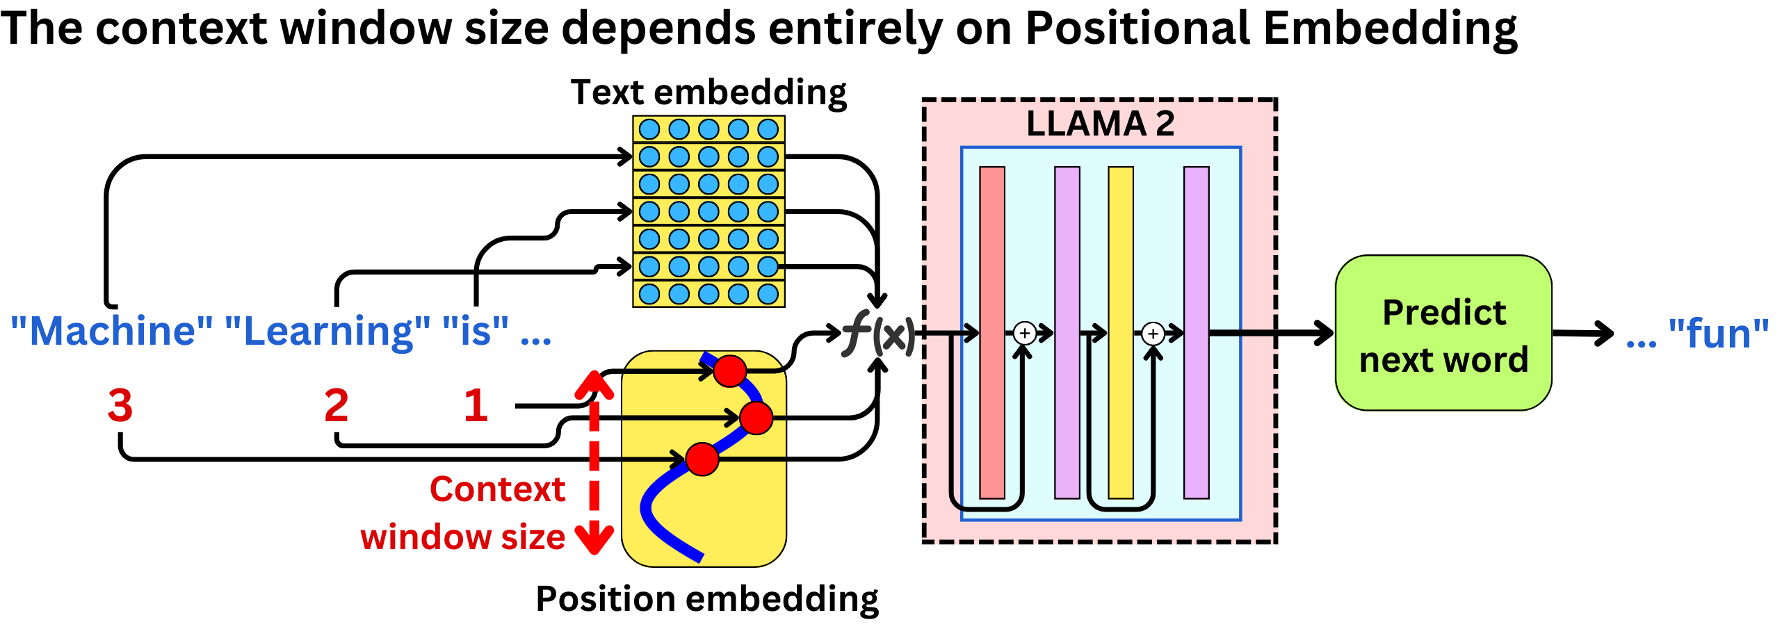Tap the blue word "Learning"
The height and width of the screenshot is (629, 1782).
click(x=327, y=331)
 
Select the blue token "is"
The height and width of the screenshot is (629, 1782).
click(x=476, y=331)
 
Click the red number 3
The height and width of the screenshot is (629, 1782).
click(x=120, y=405)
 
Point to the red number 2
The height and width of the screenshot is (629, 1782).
click(x=336, y=405)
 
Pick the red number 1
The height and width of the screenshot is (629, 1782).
click(x=476, y=405)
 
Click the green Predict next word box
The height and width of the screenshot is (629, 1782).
click(x=1443, y=334)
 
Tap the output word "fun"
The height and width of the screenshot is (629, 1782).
click(x=1719, y=334)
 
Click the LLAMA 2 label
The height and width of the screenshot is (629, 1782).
click(x=1100, y=124)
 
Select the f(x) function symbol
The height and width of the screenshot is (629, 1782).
click(x=878, y=334)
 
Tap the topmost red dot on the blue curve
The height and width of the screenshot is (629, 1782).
click(x=729, y=370)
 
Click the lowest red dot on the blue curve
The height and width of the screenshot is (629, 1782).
click(x=702, y=459)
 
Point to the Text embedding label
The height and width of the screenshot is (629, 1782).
click(x=708, y=92)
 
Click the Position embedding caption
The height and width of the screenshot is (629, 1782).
click(x=707, y=598)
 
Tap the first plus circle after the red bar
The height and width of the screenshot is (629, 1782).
click(x=1024, y=334)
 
